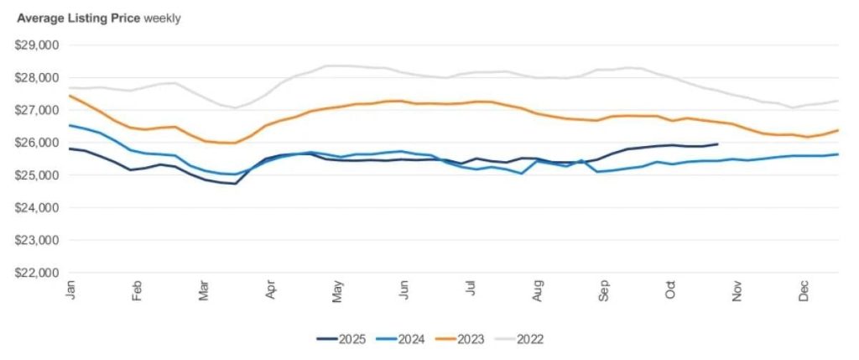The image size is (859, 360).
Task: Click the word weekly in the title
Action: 163,18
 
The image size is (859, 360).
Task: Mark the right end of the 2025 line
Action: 717,144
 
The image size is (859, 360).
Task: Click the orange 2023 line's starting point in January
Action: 70,96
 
